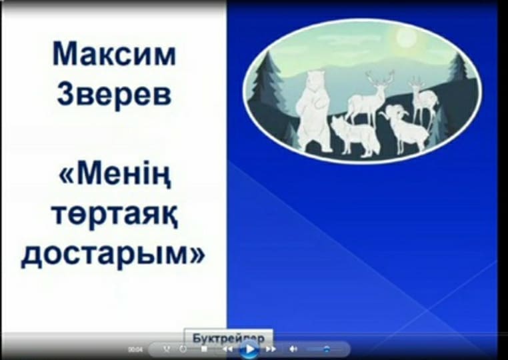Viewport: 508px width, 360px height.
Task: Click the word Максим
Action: [114, 54]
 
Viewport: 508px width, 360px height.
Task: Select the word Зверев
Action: [114, 93]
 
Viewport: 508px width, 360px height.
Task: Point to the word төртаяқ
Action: [114, 216]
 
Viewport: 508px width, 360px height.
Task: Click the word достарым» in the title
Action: [114, 256]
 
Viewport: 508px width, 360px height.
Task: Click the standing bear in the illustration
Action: [313, 110]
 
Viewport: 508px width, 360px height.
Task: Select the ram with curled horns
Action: [405, 128]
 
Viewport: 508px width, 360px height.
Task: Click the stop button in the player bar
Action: [204, 349]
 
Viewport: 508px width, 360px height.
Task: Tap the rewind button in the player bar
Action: [227, 349]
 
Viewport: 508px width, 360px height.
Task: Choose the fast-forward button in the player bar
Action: [271, 349]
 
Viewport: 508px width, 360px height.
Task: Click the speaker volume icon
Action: [293, 349]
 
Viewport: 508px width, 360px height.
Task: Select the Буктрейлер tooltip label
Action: [228, 337]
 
